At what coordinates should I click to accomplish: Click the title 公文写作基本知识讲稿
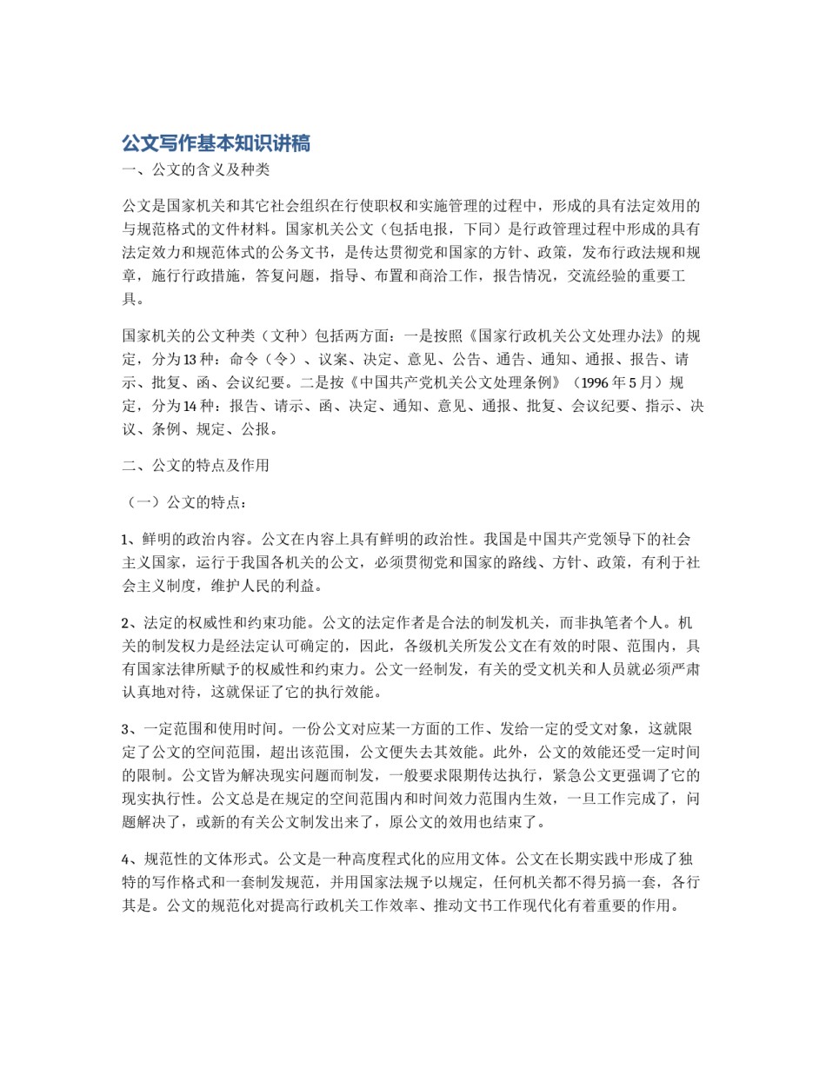pos(216,143)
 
